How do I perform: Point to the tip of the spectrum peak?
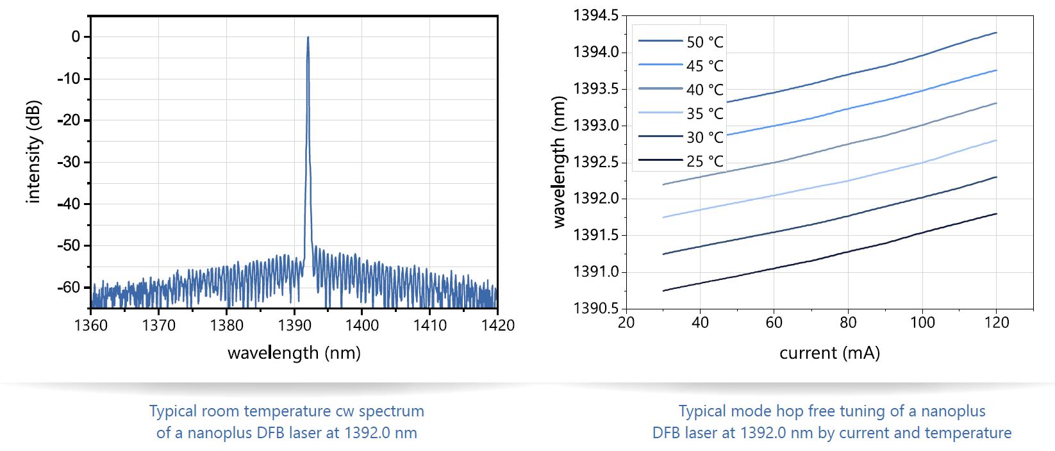(x=308, y=37)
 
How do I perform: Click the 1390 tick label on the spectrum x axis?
(x=294, y=325)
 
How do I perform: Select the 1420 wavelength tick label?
(x=497, y=325)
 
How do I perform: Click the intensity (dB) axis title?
(x=33, y=152)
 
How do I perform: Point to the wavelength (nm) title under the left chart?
(x=294, y=353)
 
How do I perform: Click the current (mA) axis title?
(x=829, y=353)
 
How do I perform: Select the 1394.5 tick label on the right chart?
(x=596, y=15)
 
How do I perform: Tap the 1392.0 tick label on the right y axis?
(x=596, y=198)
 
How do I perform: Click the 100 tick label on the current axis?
(x=922, y=322)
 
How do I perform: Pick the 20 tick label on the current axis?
(x=626, y=322)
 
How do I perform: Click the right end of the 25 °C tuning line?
(x=996, y=214)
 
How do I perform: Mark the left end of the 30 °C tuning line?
(x=663, y=254)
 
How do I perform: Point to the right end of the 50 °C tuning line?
(x=996, y=33)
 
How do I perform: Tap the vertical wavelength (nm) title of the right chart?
(x=559, y=162)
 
